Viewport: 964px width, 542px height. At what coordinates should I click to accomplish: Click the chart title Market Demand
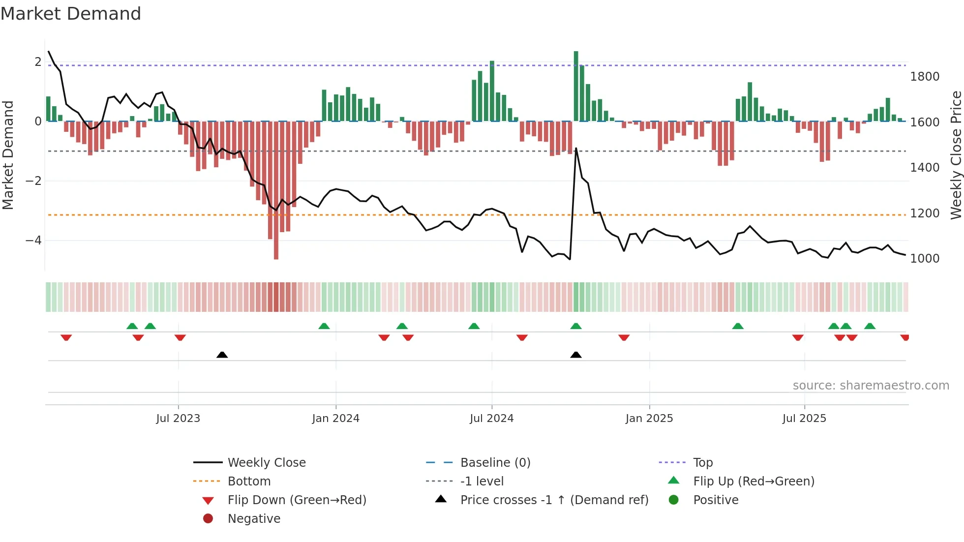click(71, 14)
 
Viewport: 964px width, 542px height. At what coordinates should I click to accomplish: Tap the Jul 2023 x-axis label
click(178, 419)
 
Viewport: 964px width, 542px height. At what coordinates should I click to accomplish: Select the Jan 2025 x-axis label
click(649, 419)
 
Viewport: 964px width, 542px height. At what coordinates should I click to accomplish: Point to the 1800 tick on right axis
click(925, 77)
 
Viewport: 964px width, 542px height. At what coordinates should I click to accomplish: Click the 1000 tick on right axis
click(925, 259)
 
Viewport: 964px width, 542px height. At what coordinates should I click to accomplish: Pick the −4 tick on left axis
click(33, 241)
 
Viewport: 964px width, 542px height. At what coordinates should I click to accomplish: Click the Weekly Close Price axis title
click(956, 155)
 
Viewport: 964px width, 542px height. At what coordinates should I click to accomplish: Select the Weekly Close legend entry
click(266, 463)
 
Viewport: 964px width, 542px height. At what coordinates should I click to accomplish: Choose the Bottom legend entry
click(249, 482)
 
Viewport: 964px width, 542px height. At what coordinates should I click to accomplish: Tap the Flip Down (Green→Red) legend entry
click(297, 500)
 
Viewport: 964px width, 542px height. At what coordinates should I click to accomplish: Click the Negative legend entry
click(254, 519)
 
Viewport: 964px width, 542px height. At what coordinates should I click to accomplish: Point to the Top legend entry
click(703, 463)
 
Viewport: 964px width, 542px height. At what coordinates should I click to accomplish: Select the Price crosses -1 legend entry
click(554, 500)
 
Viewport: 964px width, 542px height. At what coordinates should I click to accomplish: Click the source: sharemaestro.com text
click(871, 386)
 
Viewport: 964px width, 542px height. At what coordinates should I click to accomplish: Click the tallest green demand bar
click(576, 86)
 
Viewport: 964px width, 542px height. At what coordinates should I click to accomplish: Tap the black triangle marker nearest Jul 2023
click(222, 355)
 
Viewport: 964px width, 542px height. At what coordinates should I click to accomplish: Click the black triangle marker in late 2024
click(576, 355)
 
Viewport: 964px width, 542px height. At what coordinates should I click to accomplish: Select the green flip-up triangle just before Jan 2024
click(324, 326)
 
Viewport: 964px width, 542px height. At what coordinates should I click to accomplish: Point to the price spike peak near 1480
click(576, 149)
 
